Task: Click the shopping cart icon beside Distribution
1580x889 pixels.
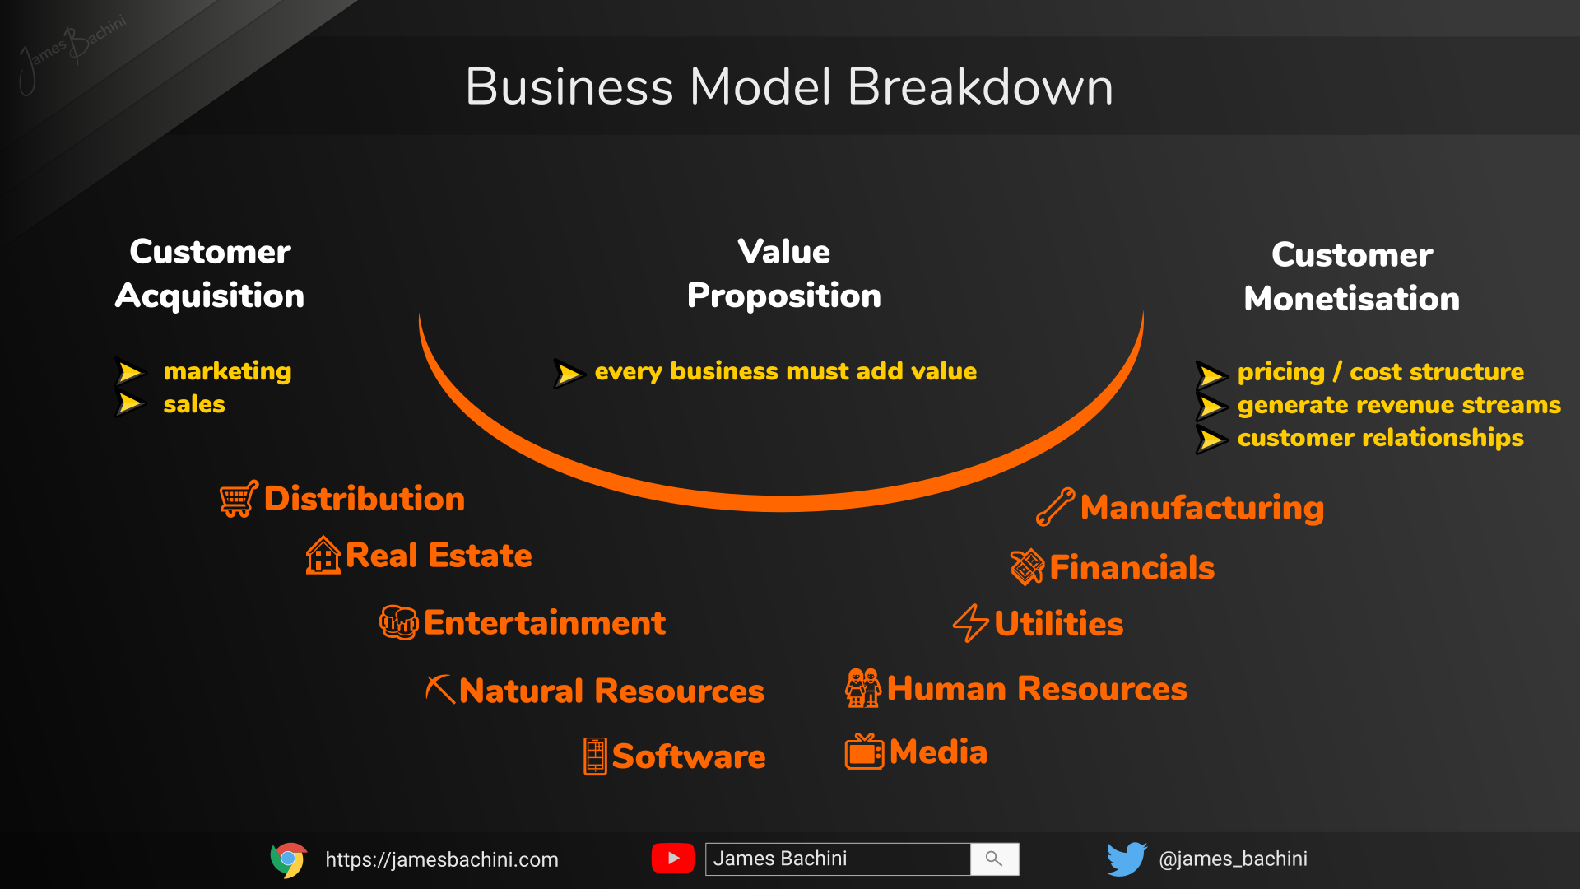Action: (239, 499)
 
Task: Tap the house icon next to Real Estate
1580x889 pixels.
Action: (323, 556)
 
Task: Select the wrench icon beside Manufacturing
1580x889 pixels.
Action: (1055, 507)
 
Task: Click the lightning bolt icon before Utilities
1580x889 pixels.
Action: (970, 623)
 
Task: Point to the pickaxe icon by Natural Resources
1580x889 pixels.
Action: (440, 690)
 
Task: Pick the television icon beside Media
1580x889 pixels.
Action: (864, 752)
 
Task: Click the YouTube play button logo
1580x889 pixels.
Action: (672, 859)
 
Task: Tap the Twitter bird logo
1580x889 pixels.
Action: (1127, 859)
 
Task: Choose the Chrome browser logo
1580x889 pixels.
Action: (288, 859)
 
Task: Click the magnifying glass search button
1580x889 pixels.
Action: (994, 859)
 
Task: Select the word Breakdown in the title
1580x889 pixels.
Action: (979, 86)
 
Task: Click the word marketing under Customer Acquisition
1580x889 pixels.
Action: (227, 371)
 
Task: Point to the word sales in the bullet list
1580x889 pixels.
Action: (194, 404)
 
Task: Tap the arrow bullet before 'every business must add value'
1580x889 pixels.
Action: (569, 373)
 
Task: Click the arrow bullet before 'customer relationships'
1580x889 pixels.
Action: (1211, 439)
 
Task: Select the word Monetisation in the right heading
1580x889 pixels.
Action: (1351, 298)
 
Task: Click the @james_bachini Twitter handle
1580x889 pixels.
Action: (1233, 859)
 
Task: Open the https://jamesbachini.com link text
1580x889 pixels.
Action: (442, 859)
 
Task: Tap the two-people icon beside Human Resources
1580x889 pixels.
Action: (862, 688)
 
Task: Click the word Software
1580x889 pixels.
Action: (689, 756)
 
